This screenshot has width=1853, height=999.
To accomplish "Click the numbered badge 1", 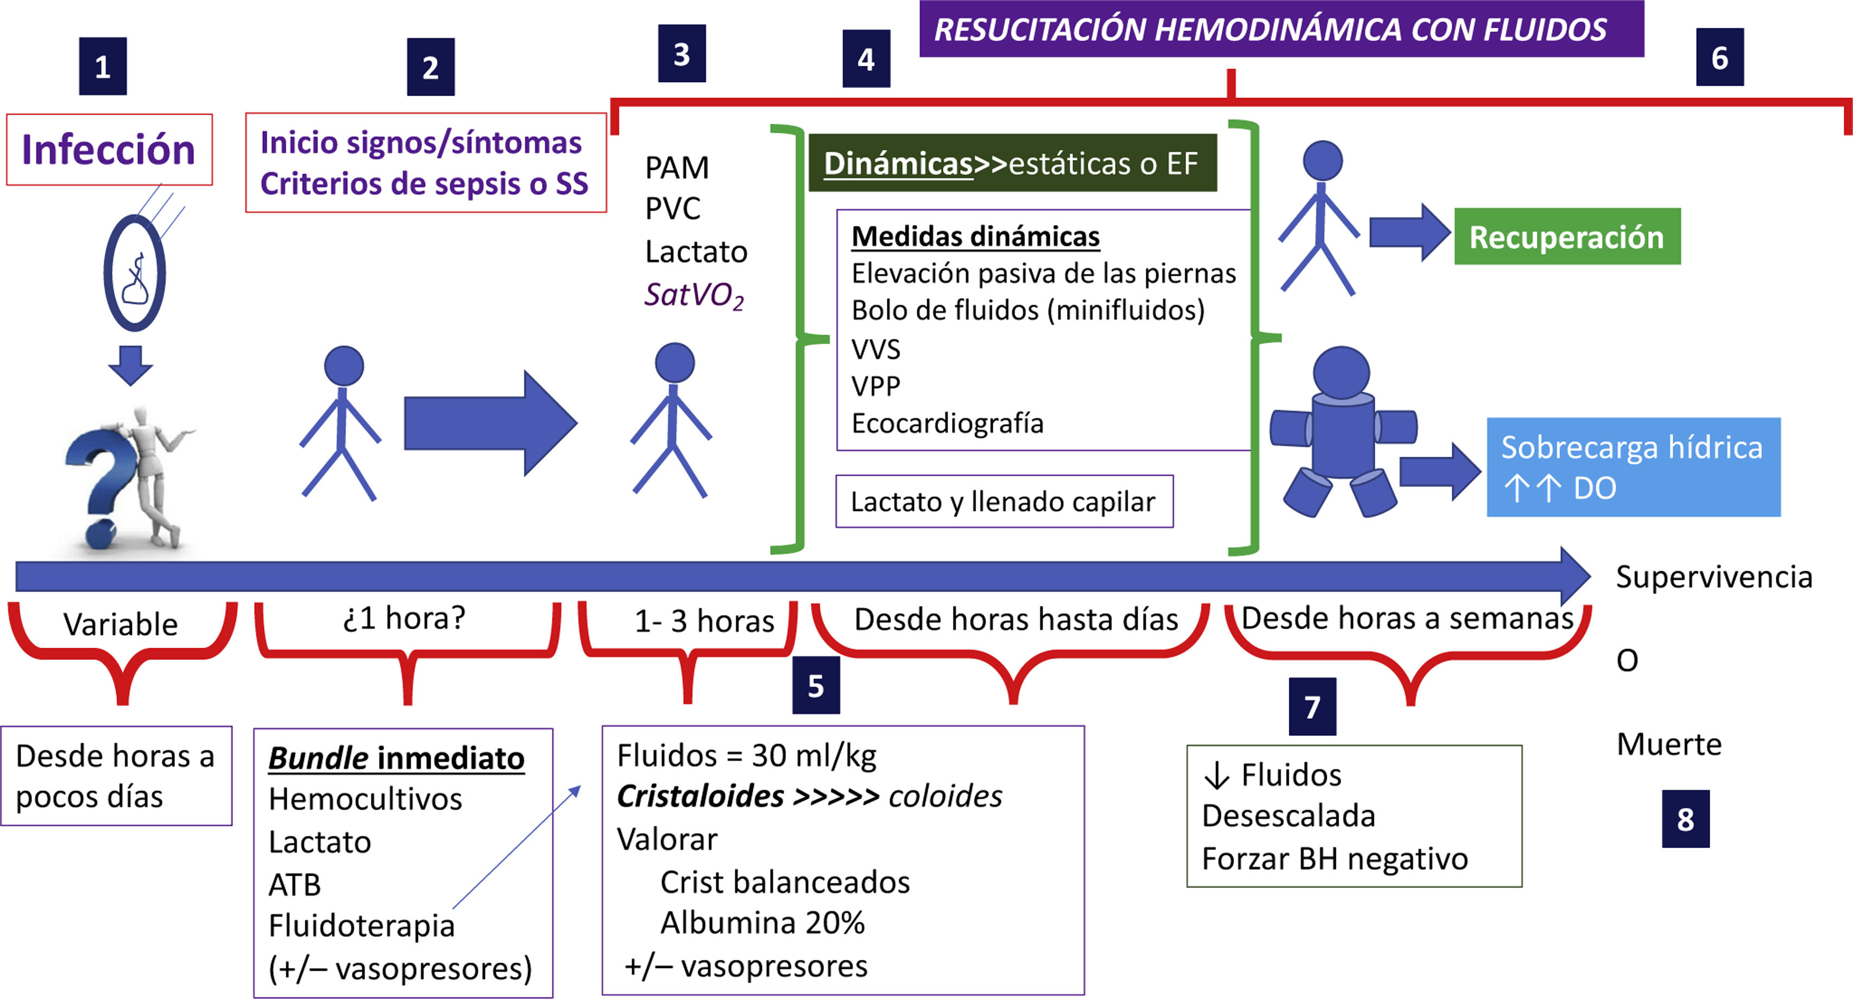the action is point(103,67).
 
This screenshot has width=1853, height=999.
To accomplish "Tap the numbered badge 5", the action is point(816,685).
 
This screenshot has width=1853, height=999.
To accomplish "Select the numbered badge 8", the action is point(1685,819).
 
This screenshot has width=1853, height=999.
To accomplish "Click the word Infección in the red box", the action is point(109,150).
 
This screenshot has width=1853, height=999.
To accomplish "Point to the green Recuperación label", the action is point(1567,237).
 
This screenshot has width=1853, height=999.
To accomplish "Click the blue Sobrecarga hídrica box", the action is point(1633,467).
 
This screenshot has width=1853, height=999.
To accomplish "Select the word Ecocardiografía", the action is point(947,423).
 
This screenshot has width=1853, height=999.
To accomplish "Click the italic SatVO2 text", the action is point(694,295).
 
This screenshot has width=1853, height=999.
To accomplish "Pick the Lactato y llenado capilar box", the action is point(1004,501).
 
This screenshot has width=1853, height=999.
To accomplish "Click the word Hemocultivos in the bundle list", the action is point(365,799).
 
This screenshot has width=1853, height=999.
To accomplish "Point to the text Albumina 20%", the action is point(762,923).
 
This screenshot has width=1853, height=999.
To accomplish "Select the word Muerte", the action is point(1668,744).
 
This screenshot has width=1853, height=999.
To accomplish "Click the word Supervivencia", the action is point(1714,577).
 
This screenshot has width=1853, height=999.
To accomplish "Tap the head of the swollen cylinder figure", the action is point(1341,372).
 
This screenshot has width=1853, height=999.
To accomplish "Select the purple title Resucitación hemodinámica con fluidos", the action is point(1270,29).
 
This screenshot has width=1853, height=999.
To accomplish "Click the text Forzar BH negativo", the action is point(1334,859).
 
